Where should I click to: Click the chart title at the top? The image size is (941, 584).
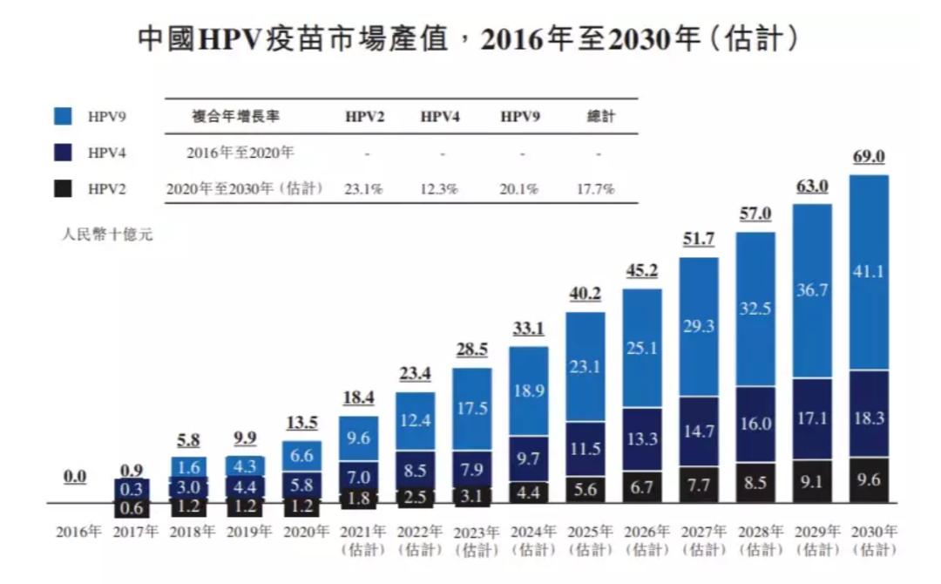(x=470, y=39)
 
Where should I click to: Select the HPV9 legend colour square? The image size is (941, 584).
(x=63, y=116)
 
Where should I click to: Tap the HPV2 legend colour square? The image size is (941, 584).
(x=63, y=188)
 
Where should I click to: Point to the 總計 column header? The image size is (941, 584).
(x=601, y=116)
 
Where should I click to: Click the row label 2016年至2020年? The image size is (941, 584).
(x=240, y=153)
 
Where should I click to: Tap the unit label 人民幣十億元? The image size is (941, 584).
(x=106, y=234)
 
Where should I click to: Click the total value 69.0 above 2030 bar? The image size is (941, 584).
(x=868, y=158)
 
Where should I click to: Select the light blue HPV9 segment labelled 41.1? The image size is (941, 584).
(x=868, y=272)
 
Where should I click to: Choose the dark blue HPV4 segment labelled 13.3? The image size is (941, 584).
(x=641, y=439)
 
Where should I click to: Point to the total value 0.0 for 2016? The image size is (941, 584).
(x=76, y=477)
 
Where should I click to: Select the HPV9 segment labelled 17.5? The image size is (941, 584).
(x=471, y=408)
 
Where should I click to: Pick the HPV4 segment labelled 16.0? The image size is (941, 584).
(x=755, y=424)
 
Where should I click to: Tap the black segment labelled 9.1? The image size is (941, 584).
(x=811, y=482)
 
